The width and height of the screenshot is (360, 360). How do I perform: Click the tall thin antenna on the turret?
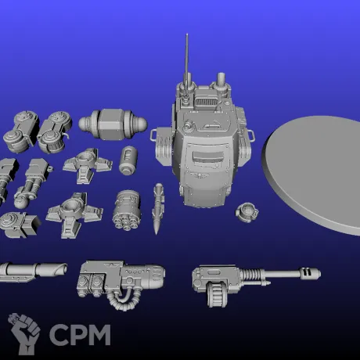(x=187, y=65)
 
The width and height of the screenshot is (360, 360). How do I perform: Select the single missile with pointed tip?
(x=158, y=209)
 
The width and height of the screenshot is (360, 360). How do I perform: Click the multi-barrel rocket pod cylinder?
(x=127, y=210)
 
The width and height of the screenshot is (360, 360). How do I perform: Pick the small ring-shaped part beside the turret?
(x=247, y=212)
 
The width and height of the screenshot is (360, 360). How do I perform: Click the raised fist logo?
(x=24, y=333)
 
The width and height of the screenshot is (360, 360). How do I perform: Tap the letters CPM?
(x=80, y=335)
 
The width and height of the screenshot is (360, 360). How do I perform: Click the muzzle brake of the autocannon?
(x=310, y=273)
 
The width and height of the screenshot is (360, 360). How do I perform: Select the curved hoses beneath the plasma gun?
(x=122, y=300)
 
